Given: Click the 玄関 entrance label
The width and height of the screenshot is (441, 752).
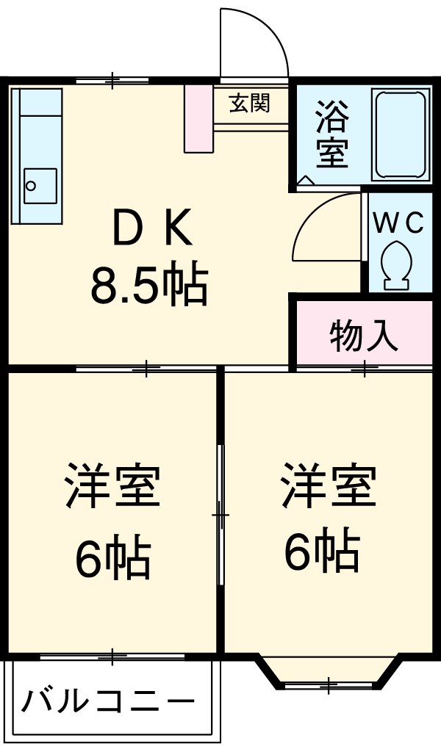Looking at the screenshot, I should pyautogui.click(x=249, y=104).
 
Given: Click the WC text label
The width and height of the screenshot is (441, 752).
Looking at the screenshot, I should pyautogui.click(x=398, y=223).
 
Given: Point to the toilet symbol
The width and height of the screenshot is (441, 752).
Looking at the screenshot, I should pyautogui.click(x=398, y=262).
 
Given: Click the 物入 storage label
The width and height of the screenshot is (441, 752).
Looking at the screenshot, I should pyautogui.click(x=364, y=337).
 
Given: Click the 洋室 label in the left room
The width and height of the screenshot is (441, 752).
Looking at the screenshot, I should pyautogui.click(x=112, y=485).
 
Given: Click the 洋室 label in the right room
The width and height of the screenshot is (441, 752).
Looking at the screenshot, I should pyautogui.click(x=329, y=485).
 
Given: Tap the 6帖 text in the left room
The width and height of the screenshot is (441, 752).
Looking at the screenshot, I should pyautogui.click(x=112, y=558).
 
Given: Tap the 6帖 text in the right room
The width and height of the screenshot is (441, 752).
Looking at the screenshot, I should pyautogui.click(x=322, y=552).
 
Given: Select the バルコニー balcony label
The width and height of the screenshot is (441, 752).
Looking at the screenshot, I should pyautogui.click(x=108, y=703).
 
